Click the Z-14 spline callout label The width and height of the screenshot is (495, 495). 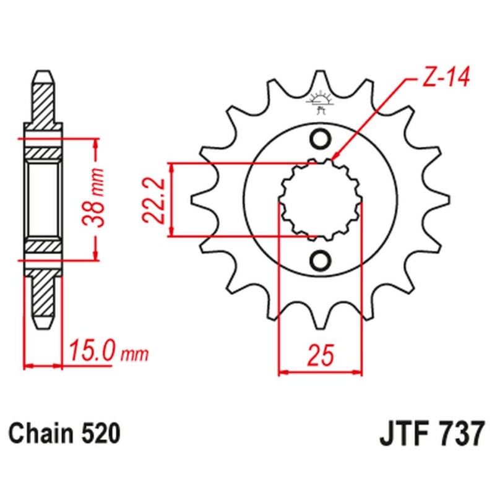(x=445, y=77)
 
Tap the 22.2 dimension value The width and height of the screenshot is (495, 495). (x=153, y=200)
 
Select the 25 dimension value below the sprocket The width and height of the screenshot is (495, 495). (x=321, y=355)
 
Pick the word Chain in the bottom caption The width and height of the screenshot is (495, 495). (x=40, y=433)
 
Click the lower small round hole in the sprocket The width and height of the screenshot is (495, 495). (x=320, y=260)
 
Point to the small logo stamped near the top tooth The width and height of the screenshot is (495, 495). (x=321, y=101)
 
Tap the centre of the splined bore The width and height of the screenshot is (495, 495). (x=321, y=199)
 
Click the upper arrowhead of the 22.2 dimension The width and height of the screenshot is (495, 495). (x=171, y=168)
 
